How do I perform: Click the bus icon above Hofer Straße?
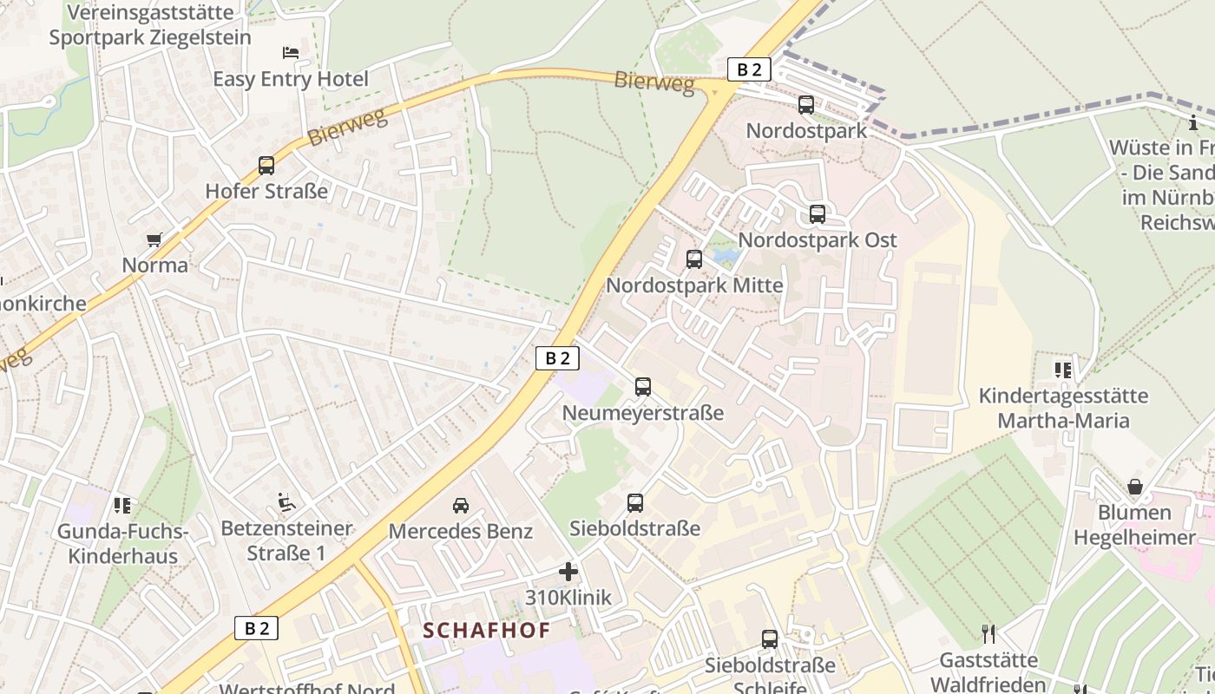266,165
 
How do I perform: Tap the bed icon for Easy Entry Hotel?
291,53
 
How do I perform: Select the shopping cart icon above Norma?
154,239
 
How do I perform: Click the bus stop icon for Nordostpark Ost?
817,213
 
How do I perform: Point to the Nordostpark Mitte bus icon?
694,259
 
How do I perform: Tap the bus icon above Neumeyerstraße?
643,387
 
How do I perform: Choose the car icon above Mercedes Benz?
461,505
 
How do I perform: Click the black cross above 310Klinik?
568,572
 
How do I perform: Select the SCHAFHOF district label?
487,631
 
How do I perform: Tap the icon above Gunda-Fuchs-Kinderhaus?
122,504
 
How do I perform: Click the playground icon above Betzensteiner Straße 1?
286,501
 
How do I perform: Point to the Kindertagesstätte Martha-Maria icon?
1063,370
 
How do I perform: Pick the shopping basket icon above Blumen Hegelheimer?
1134,487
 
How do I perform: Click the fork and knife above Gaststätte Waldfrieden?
988,634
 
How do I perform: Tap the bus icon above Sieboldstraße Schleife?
770,639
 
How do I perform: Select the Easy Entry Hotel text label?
291,80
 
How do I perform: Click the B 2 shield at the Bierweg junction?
749,69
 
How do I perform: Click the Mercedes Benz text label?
461,531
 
